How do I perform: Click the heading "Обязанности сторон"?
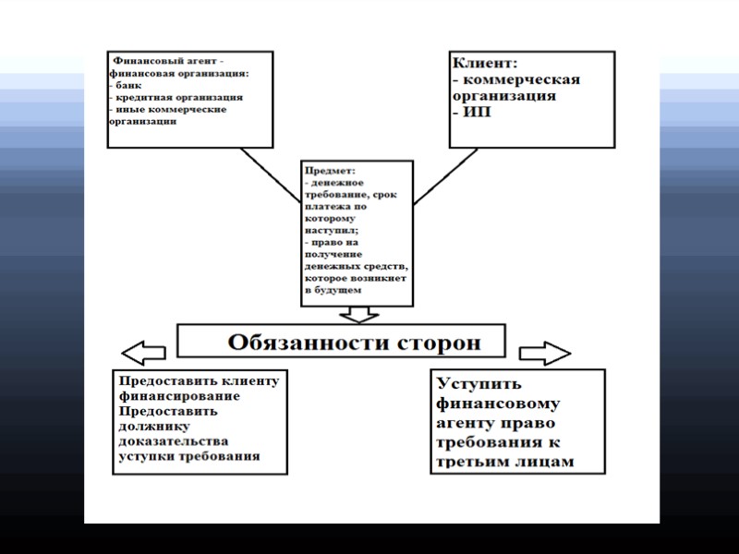tap(355, 343)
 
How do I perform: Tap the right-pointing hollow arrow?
tap(545, 353)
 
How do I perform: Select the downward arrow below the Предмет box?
tap(357, 314)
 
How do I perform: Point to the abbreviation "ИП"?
tap(475, 112)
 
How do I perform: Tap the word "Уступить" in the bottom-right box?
tap(479, 384)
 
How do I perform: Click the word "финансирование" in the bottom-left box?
tap(179, 396)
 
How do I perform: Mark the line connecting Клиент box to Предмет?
tap(445, 176)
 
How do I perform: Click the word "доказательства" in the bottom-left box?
tap(173, 441)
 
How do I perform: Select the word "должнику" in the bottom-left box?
tap(153, 427)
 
